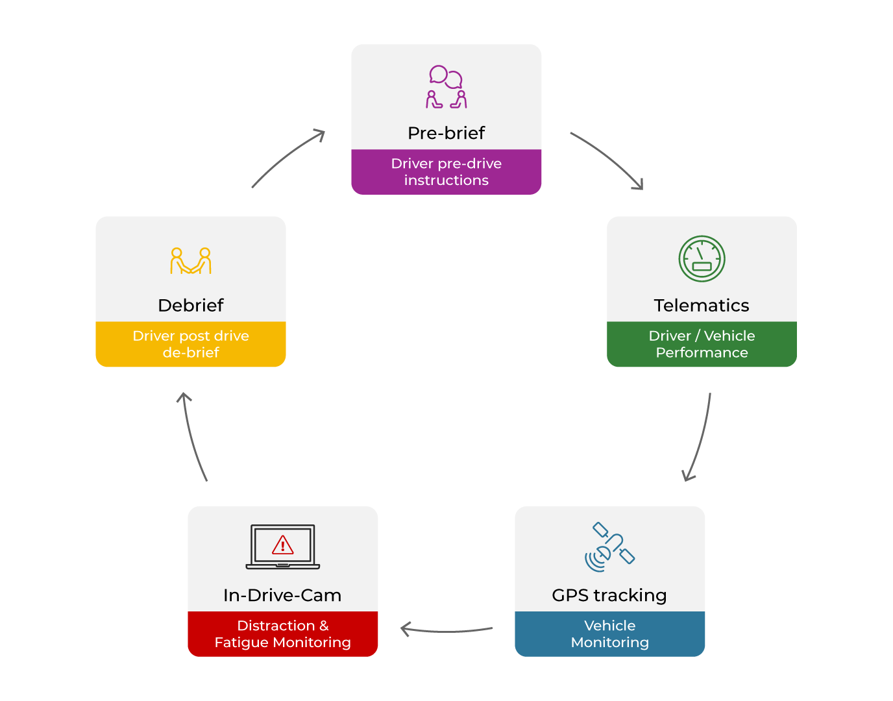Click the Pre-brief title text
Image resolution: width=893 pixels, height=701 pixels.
[x=446, y=133]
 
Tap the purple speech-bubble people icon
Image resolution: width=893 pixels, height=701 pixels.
[x=446, y=87]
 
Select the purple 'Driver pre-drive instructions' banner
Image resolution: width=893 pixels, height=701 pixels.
[x=446, y=172]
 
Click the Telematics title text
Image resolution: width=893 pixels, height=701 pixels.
[x=701, y=305]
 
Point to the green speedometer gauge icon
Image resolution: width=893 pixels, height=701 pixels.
[x=702, y=258]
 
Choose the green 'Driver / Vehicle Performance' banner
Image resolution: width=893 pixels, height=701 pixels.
[x=701, y=344]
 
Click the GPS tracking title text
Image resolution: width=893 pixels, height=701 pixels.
[x=609, y=595]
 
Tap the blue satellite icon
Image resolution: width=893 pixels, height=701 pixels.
[x=609, y=547]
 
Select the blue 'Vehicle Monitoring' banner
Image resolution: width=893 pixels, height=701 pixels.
[x=609, y=634]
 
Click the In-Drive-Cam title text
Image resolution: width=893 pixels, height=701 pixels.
[x=282, y=595]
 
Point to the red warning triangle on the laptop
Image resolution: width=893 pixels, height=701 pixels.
[x=283, y=545]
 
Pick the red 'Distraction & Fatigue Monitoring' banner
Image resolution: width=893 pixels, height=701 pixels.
[x=282, y=634]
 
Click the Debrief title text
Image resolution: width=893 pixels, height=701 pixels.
[x=191, y=305]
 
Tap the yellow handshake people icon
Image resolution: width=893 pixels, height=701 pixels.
[x=191, y=261]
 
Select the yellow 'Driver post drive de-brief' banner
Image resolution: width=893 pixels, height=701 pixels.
[x=191, y=344]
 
